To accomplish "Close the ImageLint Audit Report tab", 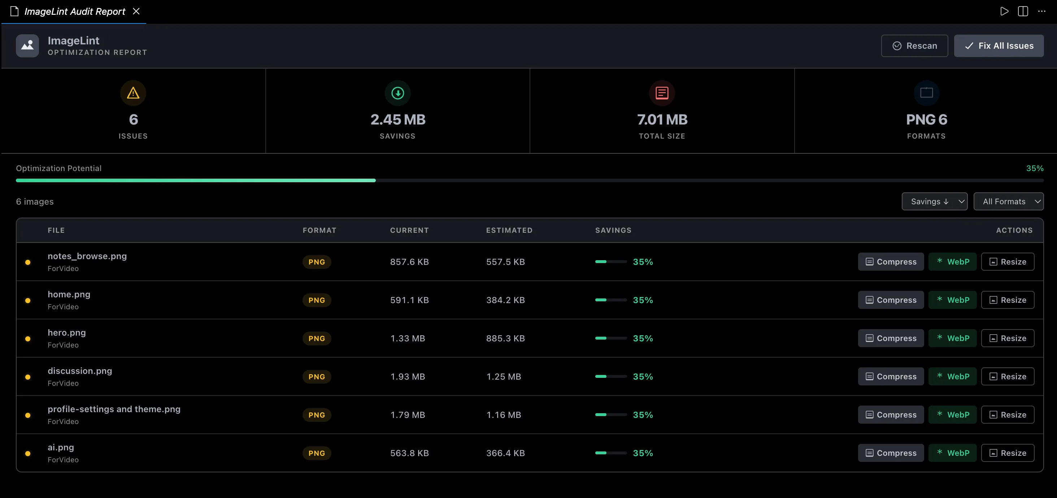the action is [x=136, y=12].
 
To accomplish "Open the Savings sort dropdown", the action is [x=934, y=201].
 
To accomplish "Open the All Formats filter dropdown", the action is [x=1009, y=201].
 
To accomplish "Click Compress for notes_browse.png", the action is [x=891, y=262].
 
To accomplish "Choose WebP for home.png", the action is [x=952, y=300].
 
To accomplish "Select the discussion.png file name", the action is [x=80, y=371].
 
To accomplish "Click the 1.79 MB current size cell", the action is [x=408, y=415].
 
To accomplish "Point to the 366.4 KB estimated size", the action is [x=505, y=453].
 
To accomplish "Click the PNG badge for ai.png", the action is [x=317, y=453].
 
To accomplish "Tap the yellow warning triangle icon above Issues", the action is [x=133, y=93].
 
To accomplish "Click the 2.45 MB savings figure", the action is [x=397, y=119].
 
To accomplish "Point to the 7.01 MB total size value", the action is [x=662, y=119].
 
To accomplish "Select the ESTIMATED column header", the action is [x=509, y=230].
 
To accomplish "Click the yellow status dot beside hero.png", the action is [x=28, y=339].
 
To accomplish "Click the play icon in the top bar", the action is [x=1004, y=12].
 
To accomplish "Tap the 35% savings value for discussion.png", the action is [x=643, y=377].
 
